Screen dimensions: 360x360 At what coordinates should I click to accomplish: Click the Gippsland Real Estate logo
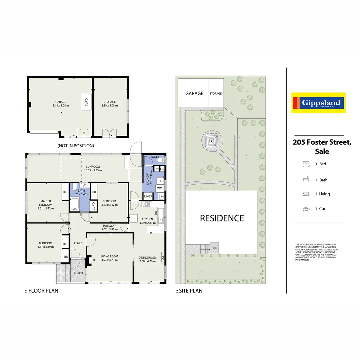click(318, 103)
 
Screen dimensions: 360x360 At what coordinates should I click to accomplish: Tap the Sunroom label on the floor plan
click(93, 167)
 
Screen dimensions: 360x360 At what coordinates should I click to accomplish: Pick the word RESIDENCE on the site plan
click(222, 218)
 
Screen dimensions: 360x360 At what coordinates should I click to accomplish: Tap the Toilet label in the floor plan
click(155, 156)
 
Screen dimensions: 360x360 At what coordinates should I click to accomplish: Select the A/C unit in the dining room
click(163, 257)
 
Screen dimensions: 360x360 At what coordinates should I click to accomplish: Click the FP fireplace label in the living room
click(94, 260)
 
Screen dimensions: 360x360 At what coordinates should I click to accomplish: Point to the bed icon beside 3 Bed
click(306, 164)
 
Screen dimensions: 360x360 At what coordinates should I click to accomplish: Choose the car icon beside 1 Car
click(306, 209)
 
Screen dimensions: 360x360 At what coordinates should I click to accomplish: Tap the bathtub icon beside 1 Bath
click(306, 180)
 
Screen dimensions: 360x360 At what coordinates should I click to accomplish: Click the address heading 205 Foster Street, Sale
click(322, 147)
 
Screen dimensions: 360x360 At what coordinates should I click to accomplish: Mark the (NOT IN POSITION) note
click(76, 146)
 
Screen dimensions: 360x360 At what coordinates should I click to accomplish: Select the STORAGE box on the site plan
click(216, 94)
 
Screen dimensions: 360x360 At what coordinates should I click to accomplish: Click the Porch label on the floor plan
click(78, 273)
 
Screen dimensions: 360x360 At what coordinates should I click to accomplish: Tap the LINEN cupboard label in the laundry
click(148, 197)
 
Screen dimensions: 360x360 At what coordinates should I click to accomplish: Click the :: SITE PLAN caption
click(189, 291)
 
